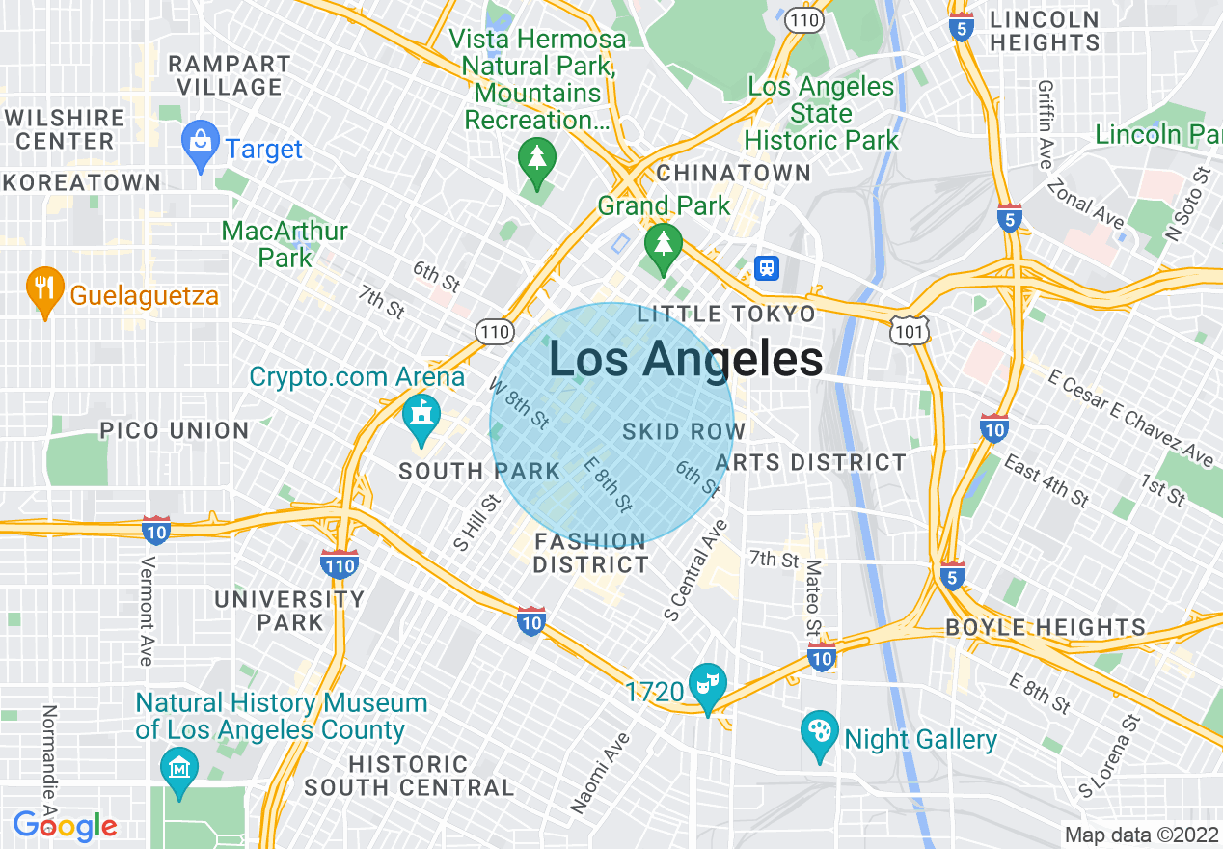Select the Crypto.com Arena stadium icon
pyautogui.click(x=421, y=416)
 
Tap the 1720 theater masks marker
pyautogui.click(x=708, y=684)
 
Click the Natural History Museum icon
pyautogui.click(x=179, y=769)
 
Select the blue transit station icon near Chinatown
pyautogui.click(x=767, y=266)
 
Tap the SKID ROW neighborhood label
pyautogui.click(x=684, y=431)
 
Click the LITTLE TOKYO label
pyautogui.click(x=726, y=314)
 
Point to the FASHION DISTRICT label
pyautogui.click(x=590, y=553)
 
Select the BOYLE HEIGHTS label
pyautogui.click(x=1045, y=627)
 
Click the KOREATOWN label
pyautogui.click(x=81, y=182)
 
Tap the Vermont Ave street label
pyautogui.click(x=147, y=610)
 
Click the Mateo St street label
pyautogui.click(x=813, y=598)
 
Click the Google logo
pyautogui.click(x=65, y=826)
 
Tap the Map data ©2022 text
pyautogui.click(x=1139, y=835)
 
